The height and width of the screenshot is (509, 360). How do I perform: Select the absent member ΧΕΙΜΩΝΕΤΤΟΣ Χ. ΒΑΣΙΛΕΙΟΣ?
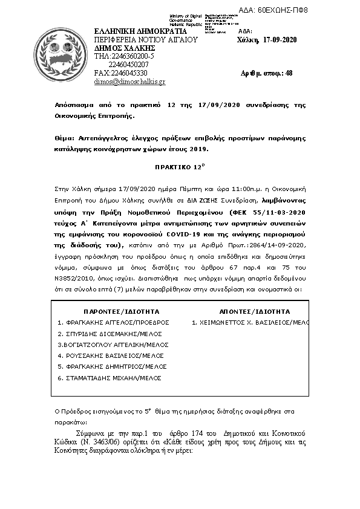[x=250, y=323]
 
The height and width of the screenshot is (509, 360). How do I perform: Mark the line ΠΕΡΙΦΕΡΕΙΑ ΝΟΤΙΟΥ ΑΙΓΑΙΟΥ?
[x=146, y=40]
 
